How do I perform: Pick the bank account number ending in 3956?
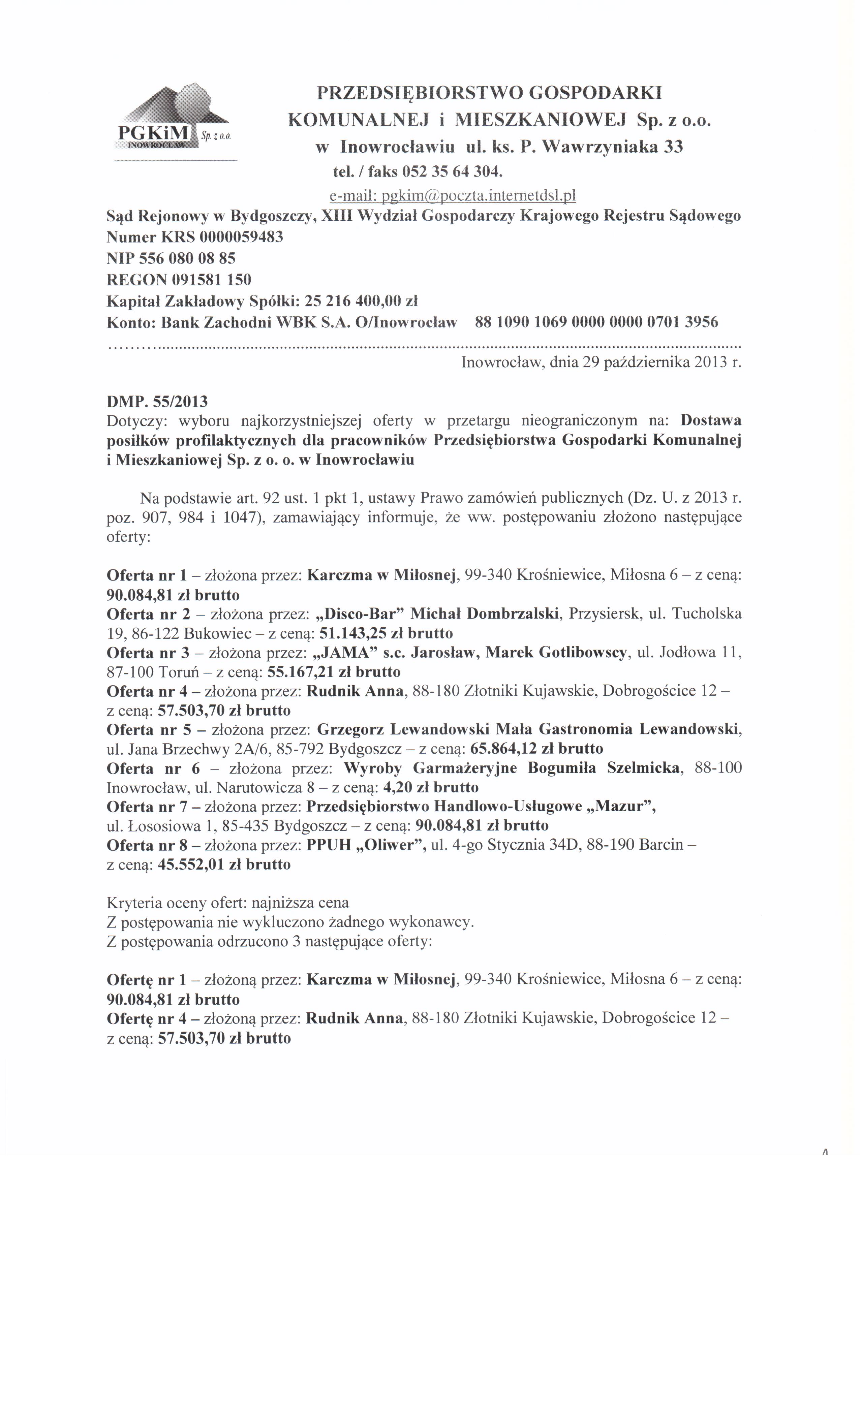point(597,322)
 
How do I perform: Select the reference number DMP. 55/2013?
point(157,401)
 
